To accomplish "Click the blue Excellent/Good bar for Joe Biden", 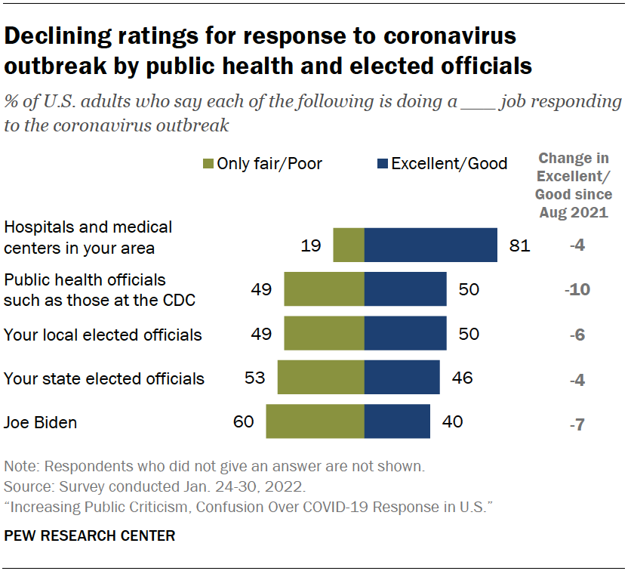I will (397, 421).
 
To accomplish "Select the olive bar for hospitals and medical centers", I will (349, 245).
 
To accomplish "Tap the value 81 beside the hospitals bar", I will (520, 245).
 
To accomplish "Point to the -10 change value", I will (577, 290).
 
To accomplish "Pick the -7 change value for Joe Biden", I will (577, 423).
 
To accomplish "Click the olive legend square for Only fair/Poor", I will (208, 164).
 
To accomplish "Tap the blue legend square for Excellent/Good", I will (382, 164).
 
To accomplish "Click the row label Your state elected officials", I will (104, 378).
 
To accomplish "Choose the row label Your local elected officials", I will (103, 335).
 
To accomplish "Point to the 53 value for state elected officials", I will (255, 378).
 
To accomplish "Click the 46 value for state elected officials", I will (461, 378).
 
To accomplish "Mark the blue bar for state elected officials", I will (402, 378).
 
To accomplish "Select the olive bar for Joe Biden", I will (315, 421).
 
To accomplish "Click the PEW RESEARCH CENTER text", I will (90, 536).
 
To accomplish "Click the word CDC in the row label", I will (178, 301).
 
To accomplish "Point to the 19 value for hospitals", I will (310, 245).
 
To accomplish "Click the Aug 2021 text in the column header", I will (573, 212).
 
